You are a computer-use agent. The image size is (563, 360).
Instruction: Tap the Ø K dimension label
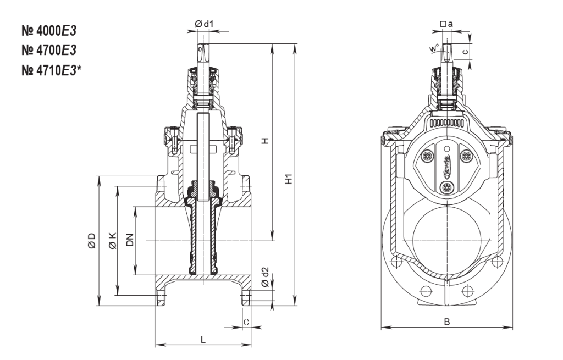pos(112,240)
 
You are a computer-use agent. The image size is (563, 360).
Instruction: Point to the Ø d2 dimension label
pos(265,278)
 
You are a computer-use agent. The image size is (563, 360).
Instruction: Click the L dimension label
pos(203,340)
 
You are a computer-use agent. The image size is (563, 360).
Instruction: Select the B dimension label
pos(447,323)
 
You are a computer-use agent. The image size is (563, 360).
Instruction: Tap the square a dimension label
pos(447,25)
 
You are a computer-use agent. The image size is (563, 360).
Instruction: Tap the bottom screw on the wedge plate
pos(446,188)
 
